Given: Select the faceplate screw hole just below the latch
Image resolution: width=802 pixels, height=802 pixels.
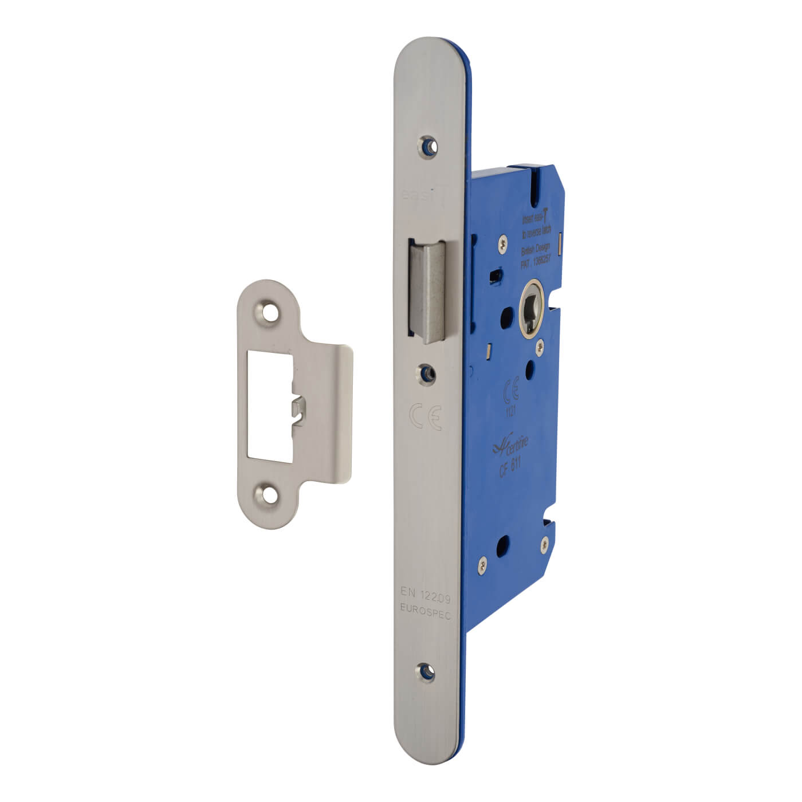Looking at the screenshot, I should coord(426,373).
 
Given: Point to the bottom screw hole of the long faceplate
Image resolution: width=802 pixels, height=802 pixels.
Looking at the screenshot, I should coord(425,671).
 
